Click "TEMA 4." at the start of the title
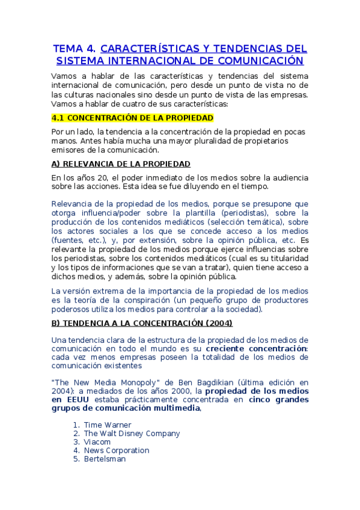(x=74, y=49)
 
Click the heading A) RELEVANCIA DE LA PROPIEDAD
(x=121, y=164)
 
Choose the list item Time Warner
(x=108, y=425)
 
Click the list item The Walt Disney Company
(x=132, y=433)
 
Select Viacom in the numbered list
(x=97, y=441)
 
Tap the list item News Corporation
(x=117, y=450)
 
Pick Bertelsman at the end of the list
(x=105, y=458)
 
